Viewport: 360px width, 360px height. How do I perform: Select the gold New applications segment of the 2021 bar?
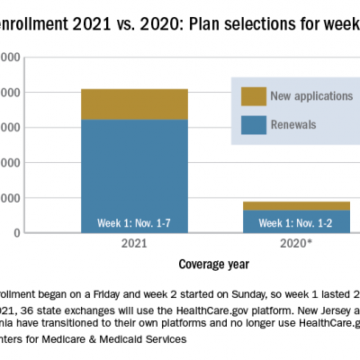coord(134,103)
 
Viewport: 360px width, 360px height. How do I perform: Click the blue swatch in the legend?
coord(253,123)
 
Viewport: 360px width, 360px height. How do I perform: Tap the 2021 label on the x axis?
coord(134,244)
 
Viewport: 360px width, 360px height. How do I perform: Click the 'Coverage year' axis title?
coord(214,264)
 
